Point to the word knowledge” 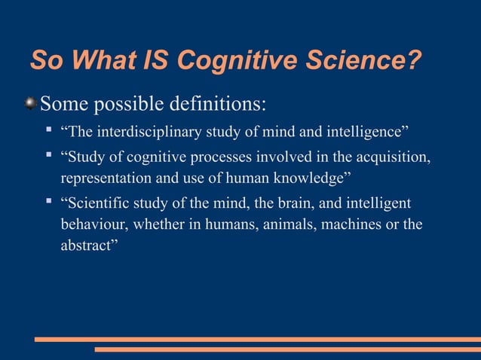click(x=312, y=180)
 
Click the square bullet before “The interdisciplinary click(x=47, y=133)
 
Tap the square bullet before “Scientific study click(x=47, y=202)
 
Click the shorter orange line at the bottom click(x=287, y=349)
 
